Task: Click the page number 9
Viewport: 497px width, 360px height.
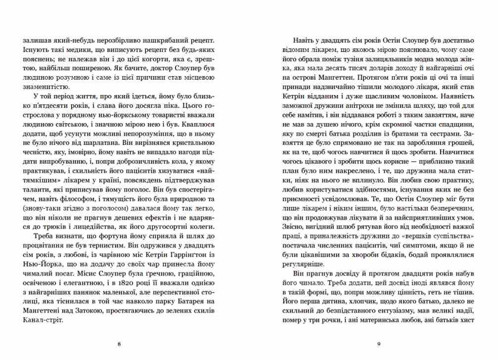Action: coord(378,344)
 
